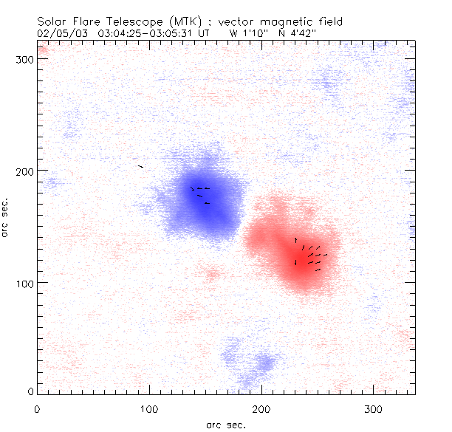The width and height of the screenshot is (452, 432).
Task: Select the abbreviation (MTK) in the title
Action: pos(174,22)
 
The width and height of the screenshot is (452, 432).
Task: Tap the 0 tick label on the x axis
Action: pos(37,408)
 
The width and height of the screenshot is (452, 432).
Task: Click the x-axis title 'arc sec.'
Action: pos(225,424)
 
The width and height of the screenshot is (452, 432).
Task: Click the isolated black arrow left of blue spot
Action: pos(140,167)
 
